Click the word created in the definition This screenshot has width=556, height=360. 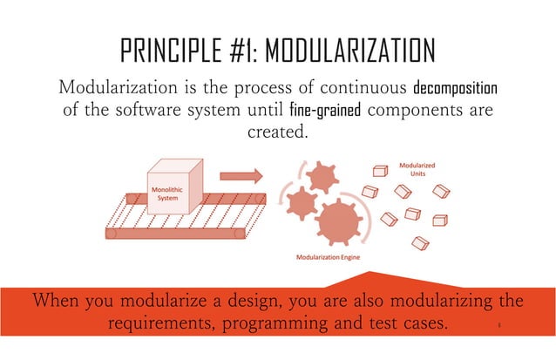click(277, 136)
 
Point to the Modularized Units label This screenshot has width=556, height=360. click(417, 168)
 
